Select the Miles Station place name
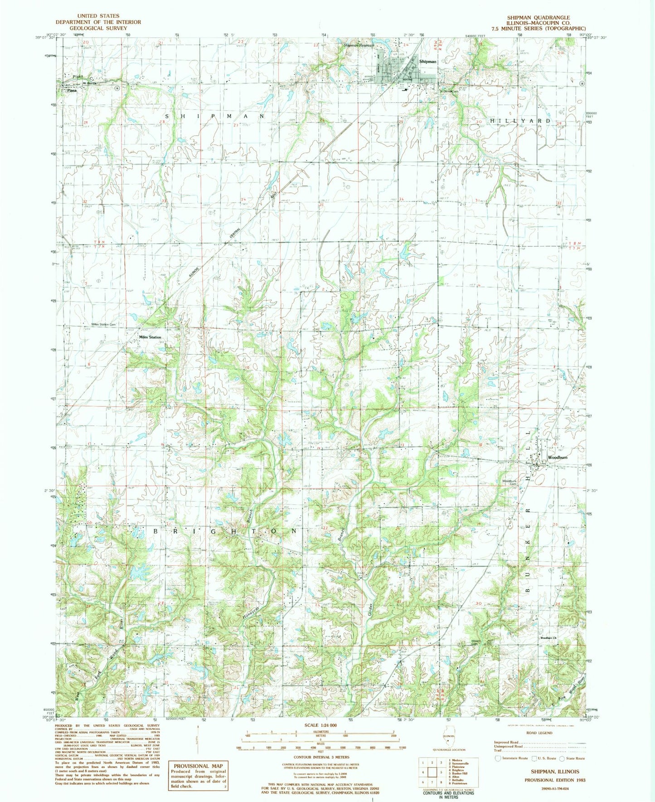[150, 337]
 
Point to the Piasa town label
[69, 90]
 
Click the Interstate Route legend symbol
[498, 758]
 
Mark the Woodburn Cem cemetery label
[509, 482]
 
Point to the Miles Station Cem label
[104, 325]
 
